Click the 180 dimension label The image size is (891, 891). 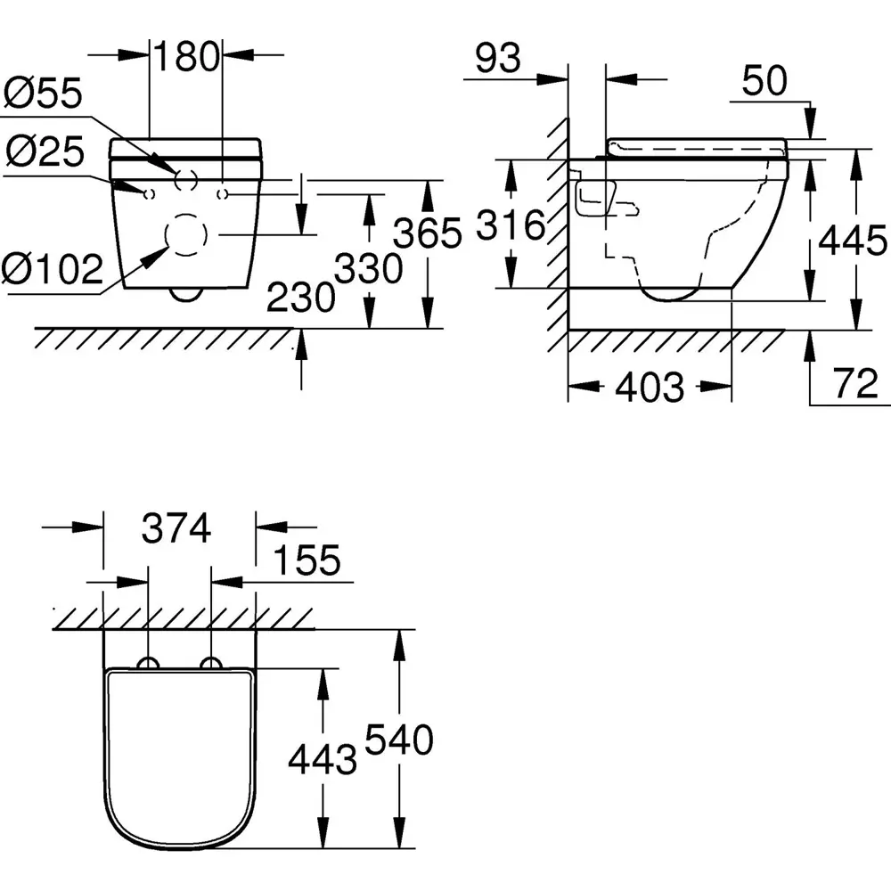click(187, 57)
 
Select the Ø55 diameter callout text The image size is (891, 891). click(43, 93)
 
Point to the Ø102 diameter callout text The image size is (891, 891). click(53, 268)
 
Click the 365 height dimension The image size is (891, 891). click(429, 233)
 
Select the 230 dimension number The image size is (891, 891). click(301, 298)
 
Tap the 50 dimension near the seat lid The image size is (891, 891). click(764, 81)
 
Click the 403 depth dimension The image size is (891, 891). click(650, 388)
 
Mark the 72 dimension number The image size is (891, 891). click(856, 385)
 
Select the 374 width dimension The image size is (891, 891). click(176, 529)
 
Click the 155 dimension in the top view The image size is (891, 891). click(306, 561)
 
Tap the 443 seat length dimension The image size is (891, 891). click(322, 759)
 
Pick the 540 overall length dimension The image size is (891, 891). click(398, 740)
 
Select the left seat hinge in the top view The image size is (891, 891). click(148, 664)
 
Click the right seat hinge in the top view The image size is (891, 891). click(212, 664)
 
